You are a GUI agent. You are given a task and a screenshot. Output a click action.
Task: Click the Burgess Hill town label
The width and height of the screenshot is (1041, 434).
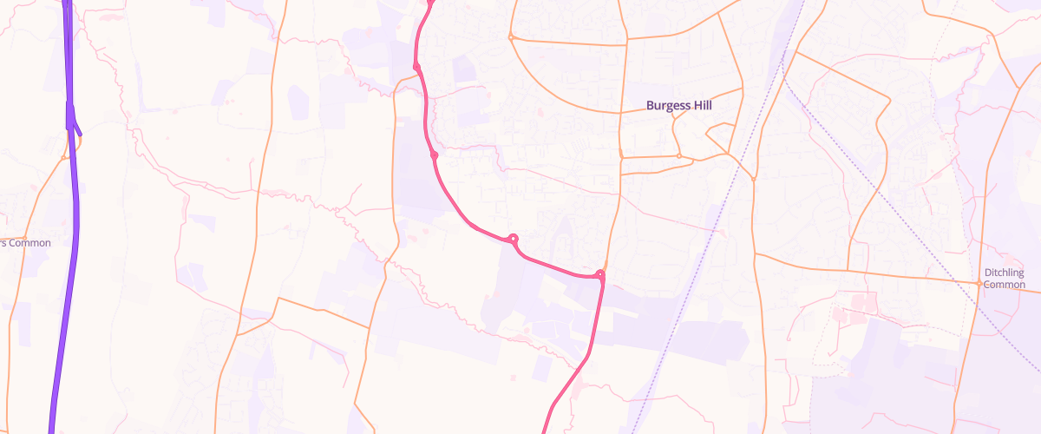click(x=679, y=106)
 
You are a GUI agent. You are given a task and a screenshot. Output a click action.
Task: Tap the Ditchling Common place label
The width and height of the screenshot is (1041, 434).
click(x=1005, y=279)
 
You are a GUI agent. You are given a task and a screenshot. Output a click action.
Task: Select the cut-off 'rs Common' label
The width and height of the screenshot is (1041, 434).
click(x=25, y=243)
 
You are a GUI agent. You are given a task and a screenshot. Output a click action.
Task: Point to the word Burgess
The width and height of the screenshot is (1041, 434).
click(x=666, y=106)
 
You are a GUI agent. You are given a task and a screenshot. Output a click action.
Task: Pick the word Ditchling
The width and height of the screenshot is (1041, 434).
click(x=1005, y=273)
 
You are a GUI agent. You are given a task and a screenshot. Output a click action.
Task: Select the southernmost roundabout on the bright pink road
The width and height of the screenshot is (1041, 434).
click(x=599, y=275)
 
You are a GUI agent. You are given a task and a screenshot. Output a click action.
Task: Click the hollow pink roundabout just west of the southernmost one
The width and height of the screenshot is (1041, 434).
click(x=514, y=238)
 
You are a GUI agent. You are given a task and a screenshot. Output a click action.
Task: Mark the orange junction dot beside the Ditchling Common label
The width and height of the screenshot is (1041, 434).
click(x=978, y=283)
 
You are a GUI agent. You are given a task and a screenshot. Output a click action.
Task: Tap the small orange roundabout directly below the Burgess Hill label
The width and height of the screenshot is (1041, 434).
click(x=679, y=156)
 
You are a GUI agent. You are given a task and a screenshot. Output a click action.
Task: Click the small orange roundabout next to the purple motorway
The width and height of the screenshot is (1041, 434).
click(x=67, y=158)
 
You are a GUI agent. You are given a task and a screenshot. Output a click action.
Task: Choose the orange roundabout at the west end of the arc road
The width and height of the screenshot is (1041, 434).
click(x=511, y=37)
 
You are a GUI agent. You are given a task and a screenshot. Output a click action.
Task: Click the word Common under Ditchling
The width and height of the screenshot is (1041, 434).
click(x=1005, y=285)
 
